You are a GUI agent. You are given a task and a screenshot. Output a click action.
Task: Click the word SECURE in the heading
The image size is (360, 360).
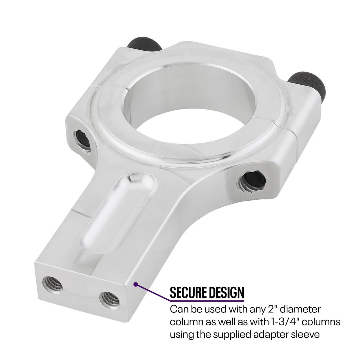click(x=188, y=292)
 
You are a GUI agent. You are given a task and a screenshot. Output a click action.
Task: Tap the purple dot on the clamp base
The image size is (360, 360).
click(x=136, y=285)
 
